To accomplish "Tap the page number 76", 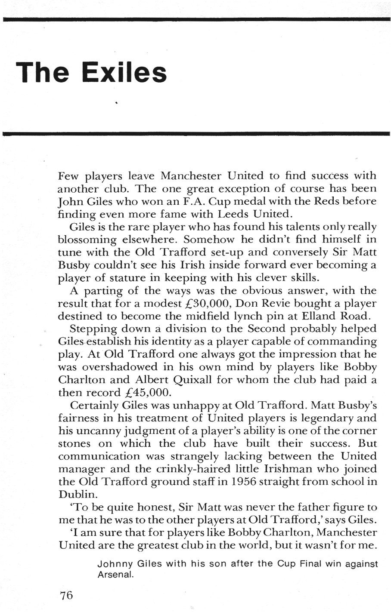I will pos(67,595).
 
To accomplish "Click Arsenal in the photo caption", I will pos(113,575).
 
